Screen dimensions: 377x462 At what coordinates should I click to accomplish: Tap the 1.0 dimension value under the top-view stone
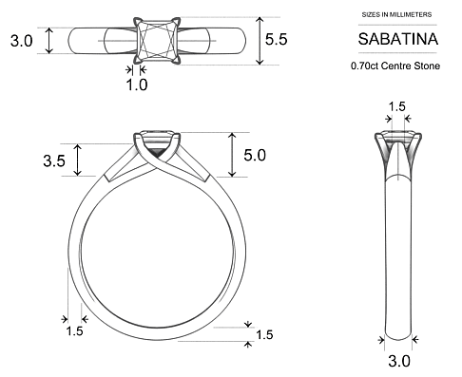[x=137, y=85]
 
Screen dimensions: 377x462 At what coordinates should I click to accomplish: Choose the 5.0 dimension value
[x=254, y=154]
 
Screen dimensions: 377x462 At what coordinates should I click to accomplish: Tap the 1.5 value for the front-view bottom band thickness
[x=264, y=335]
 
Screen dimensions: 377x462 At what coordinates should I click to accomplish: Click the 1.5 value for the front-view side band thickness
[x=74, y=331]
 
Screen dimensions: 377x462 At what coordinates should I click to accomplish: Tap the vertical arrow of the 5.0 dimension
[x=231, y=154]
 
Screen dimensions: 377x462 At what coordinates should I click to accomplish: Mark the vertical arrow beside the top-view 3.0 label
[x=48, y=41]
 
